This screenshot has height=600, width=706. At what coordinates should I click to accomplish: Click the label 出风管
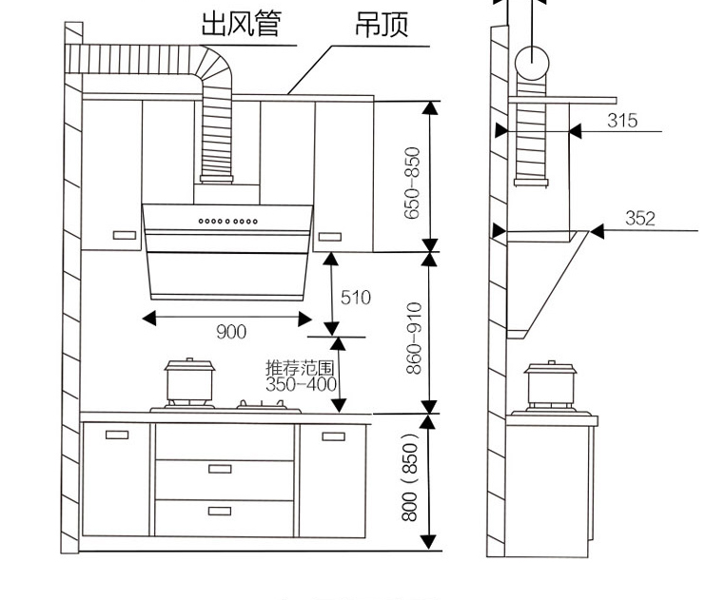tap(240, 23)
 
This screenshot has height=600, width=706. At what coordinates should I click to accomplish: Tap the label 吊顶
tap(381, 24)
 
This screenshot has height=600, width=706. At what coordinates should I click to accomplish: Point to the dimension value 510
tap(355, 298)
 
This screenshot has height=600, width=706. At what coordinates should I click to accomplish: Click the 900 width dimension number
tap(230, 332)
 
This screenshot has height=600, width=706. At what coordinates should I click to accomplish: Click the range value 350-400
tap(301, 385)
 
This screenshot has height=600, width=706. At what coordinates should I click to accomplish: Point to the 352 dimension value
tap(639, 219)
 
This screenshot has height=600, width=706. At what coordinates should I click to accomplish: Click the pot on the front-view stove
tap(186, 382)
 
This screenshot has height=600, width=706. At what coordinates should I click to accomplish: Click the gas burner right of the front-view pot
tap(266, 406)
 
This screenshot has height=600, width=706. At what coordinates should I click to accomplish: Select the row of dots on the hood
tap(228, 222)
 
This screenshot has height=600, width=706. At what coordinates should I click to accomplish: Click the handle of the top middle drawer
tap(220, 468)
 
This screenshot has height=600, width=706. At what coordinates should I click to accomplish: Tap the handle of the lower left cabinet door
tap(117, 435)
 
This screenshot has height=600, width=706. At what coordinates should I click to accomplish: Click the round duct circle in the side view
tap(532, 64)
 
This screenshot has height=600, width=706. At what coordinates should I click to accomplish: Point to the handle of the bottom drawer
tap(220, 512)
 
